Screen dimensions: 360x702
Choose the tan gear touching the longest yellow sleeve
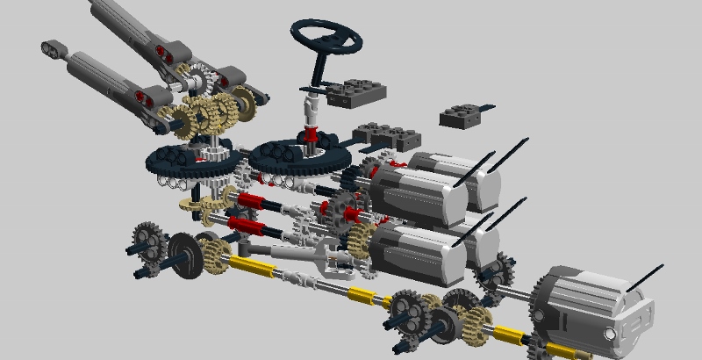215,256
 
